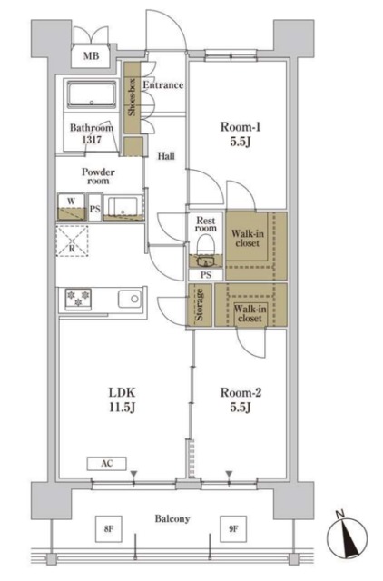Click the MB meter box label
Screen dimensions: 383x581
pos(91,56)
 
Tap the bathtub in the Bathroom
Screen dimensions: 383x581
pos(91,94)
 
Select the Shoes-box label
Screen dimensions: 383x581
pos(132,97)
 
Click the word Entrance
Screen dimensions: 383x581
pos(163,84)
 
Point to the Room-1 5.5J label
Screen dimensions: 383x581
pos(241,134)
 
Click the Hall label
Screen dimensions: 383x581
pos(166,156)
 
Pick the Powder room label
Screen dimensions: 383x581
pos(98,176)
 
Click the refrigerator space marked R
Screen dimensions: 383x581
pos(73,241)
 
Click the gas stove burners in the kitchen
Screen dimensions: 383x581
pos(78,299)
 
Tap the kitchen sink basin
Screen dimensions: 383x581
pos(130,299)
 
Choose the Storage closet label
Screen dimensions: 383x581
pos(200,305)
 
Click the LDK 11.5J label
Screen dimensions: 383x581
pos(122,399)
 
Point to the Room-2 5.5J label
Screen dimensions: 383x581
pos(241,399)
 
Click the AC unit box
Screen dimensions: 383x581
pos(107,464)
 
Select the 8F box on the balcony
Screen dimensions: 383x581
pos(108,529)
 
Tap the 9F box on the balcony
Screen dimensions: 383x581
pos(233,529)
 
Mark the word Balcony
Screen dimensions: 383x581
pos(172,518)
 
